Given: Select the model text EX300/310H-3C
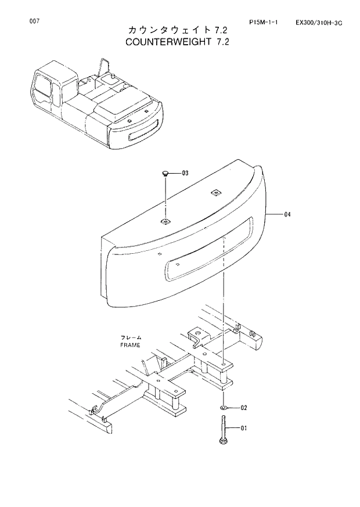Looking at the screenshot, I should click(x=319, y=22).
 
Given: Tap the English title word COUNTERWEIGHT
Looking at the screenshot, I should click(x=156, y=42).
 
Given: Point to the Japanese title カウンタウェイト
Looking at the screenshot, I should click(x=157, y=30).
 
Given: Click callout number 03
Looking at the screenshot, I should click(x=185, y=173).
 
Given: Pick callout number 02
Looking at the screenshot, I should click(x=244, y=407).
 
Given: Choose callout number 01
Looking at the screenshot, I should click(x=244, y=429).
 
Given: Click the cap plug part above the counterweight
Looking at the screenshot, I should click(x=166, y=173).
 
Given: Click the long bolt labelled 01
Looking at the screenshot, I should click(x=224, y=430).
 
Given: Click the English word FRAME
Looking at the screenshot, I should click(x=131, y=345).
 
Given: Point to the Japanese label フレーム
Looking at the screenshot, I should click(x=131, y=337).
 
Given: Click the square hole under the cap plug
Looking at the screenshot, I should click(x=166, y=221).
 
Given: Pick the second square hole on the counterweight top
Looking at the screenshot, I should click(x=216, y=193).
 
